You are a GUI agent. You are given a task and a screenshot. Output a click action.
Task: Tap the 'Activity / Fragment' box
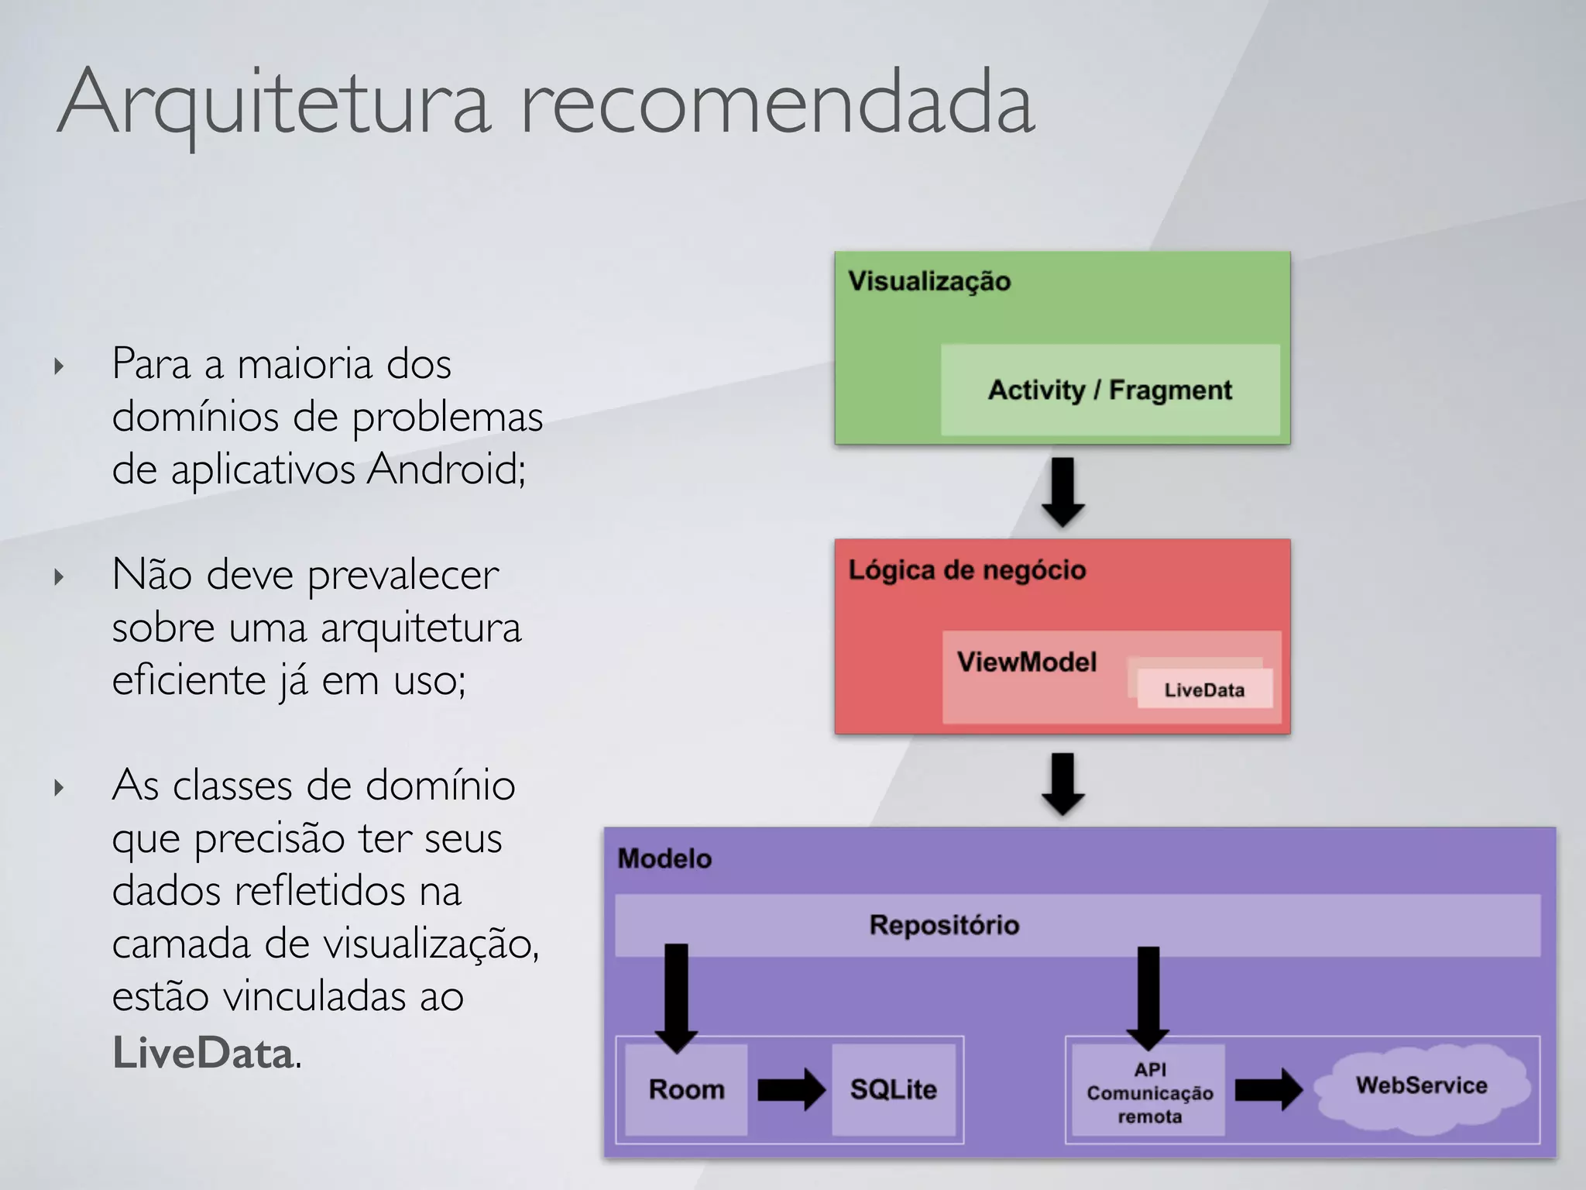click(1110, 390)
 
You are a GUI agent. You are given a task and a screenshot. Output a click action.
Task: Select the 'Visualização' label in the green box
click(929, 281)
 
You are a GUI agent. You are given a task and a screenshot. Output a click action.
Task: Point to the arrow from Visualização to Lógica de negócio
click(1062, 492)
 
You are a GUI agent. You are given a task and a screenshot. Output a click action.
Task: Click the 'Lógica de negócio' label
click(967, 570)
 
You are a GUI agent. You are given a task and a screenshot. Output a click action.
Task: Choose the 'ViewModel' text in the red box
click(1027, 662)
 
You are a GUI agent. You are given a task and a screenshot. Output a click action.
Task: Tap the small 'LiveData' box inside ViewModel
click(1204, 690)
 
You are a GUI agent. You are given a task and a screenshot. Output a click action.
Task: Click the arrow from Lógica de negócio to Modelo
click(1062, 782)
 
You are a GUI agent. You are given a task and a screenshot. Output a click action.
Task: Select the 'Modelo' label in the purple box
click(664, 858)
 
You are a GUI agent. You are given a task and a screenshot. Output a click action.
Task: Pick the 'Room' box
click(686, 1089)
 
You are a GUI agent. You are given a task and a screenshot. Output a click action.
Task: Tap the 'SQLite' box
click(894, 1089)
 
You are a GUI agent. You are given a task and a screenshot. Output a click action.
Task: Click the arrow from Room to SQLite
click(791, 1089)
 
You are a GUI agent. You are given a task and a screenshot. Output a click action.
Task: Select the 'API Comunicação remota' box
click(1149, 1092)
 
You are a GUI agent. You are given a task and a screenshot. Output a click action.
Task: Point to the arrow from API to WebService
click(1268, 1089)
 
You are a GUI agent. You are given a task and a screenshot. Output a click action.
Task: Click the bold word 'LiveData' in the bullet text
click(203, 1053)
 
